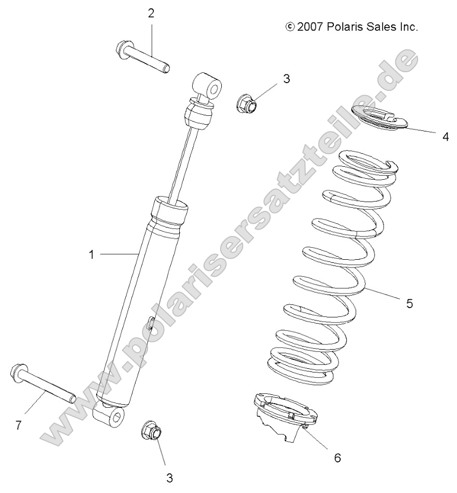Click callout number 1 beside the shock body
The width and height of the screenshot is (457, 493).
(91, 255)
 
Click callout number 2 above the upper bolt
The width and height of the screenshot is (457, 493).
(151, 14)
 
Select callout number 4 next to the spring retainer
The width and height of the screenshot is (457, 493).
(445, 137)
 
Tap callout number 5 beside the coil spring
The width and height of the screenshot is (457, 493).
(409, 303)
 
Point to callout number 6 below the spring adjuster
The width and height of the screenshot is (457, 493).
(337, 458)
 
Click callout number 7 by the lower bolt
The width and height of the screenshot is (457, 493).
(18, 425)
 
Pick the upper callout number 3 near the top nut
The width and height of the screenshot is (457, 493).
(286, 79)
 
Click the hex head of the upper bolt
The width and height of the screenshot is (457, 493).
(122, 50)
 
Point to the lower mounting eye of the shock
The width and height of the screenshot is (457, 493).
(111, 416)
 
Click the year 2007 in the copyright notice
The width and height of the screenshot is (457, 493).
(310, 26)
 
